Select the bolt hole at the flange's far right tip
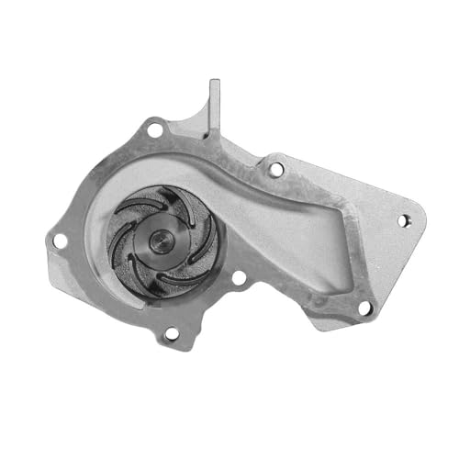[x=401, y=220]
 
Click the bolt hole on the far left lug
[x=59, y=241]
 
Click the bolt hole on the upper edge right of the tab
[x=274, y=169]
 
